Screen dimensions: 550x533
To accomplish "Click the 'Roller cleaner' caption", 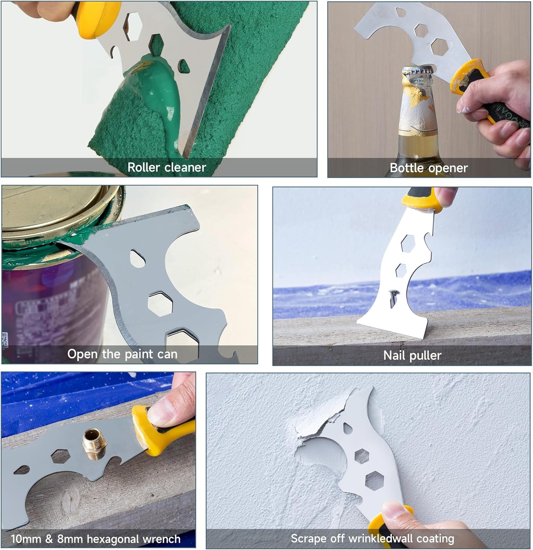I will (166, 167).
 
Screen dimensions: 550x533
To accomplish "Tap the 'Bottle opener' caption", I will (429, 168).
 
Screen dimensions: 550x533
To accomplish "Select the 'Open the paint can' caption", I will (122, 354).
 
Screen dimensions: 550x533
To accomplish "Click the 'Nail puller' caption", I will (412, 356).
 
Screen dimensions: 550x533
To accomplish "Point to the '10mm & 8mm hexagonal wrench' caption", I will (96, 539).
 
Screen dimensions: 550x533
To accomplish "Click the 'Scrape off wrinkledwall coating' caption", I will (372, 539).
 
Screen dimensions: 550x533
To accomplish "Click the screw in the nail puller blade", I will (392, 298).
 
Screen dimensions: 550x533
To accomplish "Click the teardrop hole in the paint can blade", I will (135, 258).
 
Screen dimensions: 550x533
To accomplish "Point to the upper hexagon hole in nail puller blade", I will (408, 244).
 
